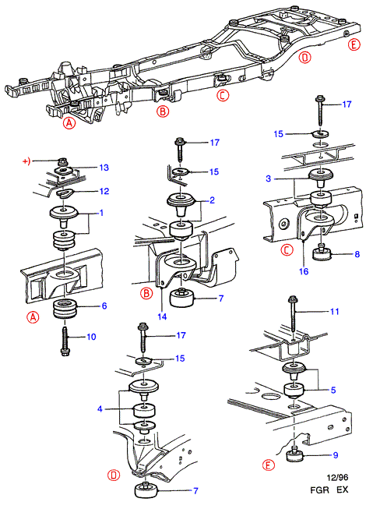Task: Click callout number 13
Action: [x=104, y=168]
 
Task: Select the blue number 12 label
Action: [x=104, y=191]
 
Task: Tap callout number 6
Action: [x=104, y=306]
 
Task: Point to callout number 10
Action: [x=91, y=337]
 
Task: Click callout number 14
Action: [x=162, y=316]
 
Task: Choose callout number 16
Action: [x=304, y=271]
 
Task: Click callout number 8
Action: [x=357, y=254]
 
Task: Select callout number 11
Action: [x=334, y=312]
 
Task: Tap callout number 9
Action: [x=336, y=455]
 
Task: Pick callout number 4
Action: [x=100, y=408]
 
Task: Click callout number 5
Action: [x=333, y=390]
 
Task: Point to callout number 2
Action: [x=212, y=200]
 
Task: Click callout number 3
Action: [x=268, y=179]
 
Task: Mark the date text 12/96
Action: [x=337, y=478]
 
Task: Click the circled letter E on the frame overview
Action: [x=354, y=44]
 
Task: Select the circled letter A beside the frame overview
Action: [x=69, y=123]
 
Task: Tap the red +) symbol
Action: [x=26, y=161]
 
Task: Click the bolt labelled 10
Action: [x=64, y=341]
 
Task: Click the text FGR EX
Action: [x=329, y=490]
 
